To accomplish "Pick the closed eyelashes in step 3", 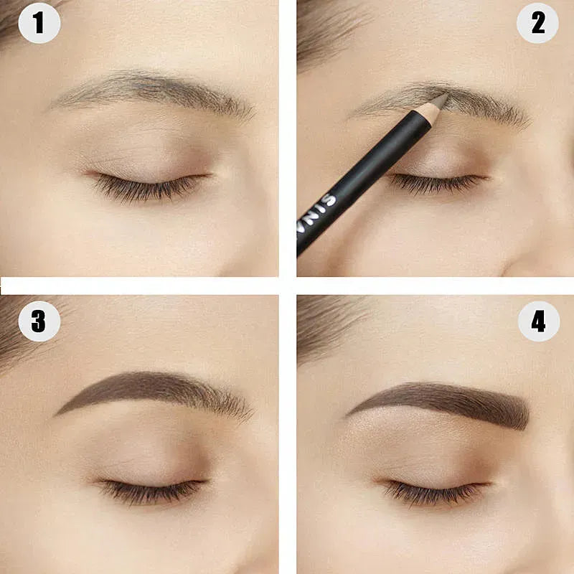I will (x=151, y=491).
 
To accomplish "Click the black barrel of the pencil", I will (x=373, y=172).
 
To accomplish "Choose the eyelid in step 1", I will (x=143, y=154).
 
